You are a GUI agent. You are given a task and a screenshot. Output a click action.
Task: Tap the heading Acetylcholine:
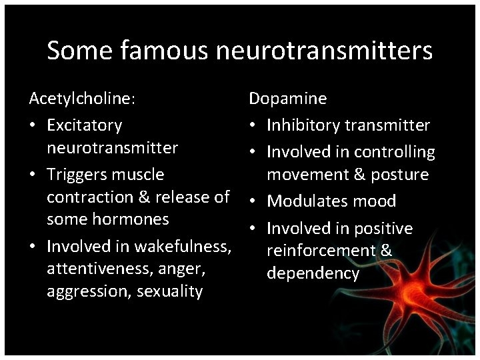[x=82, y=99]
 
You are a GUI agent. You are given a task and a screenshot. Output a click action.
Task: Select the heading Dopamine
[x=287, y=99]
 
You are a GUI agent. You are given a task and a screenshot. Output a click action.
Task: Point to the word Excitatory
[x=85, y=125]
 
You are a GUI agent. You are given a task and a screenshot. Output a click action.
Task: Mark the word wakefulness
[x=183, y=247]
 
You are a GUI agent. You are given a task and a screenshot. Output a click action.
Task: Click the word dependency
[x=313, y=273]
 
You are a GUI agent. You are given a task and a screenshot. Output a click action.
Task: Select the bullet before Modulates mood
[x=254, y=201]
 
